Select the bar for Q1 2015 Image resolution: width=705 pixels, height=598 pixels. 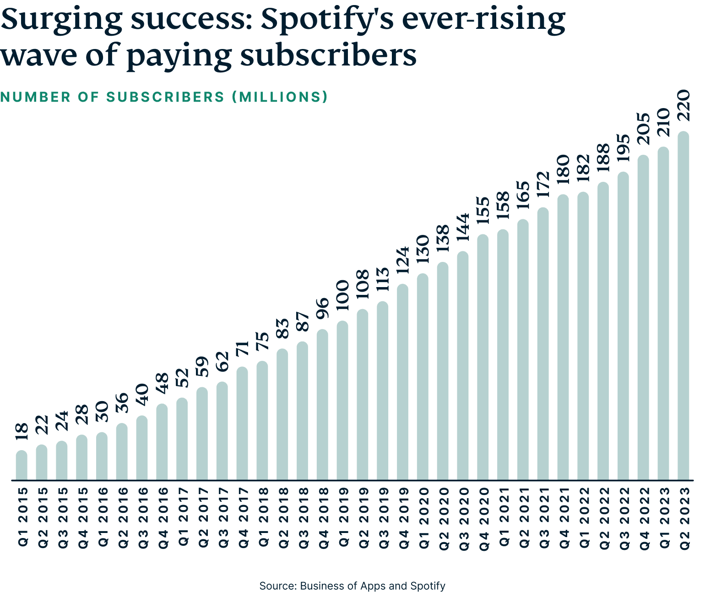pos(22,465)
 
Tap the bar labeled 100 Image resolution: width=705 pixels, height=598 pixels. pos(342,401)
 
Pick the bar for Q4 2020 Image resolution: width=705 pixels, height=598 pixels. pos(483,357)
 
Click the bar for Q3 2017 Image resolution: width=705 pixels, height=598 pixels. pos(222,431)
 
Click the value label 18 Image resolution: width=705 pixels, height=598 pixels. pos(22,432)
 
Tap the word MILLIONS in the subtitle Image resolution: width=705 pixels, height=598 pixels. pos(279,97)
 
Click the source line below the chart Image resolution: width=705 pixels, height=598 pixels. pos(352,586)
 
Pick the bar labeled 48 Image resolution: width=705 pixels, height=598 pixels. pos(162,442)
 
